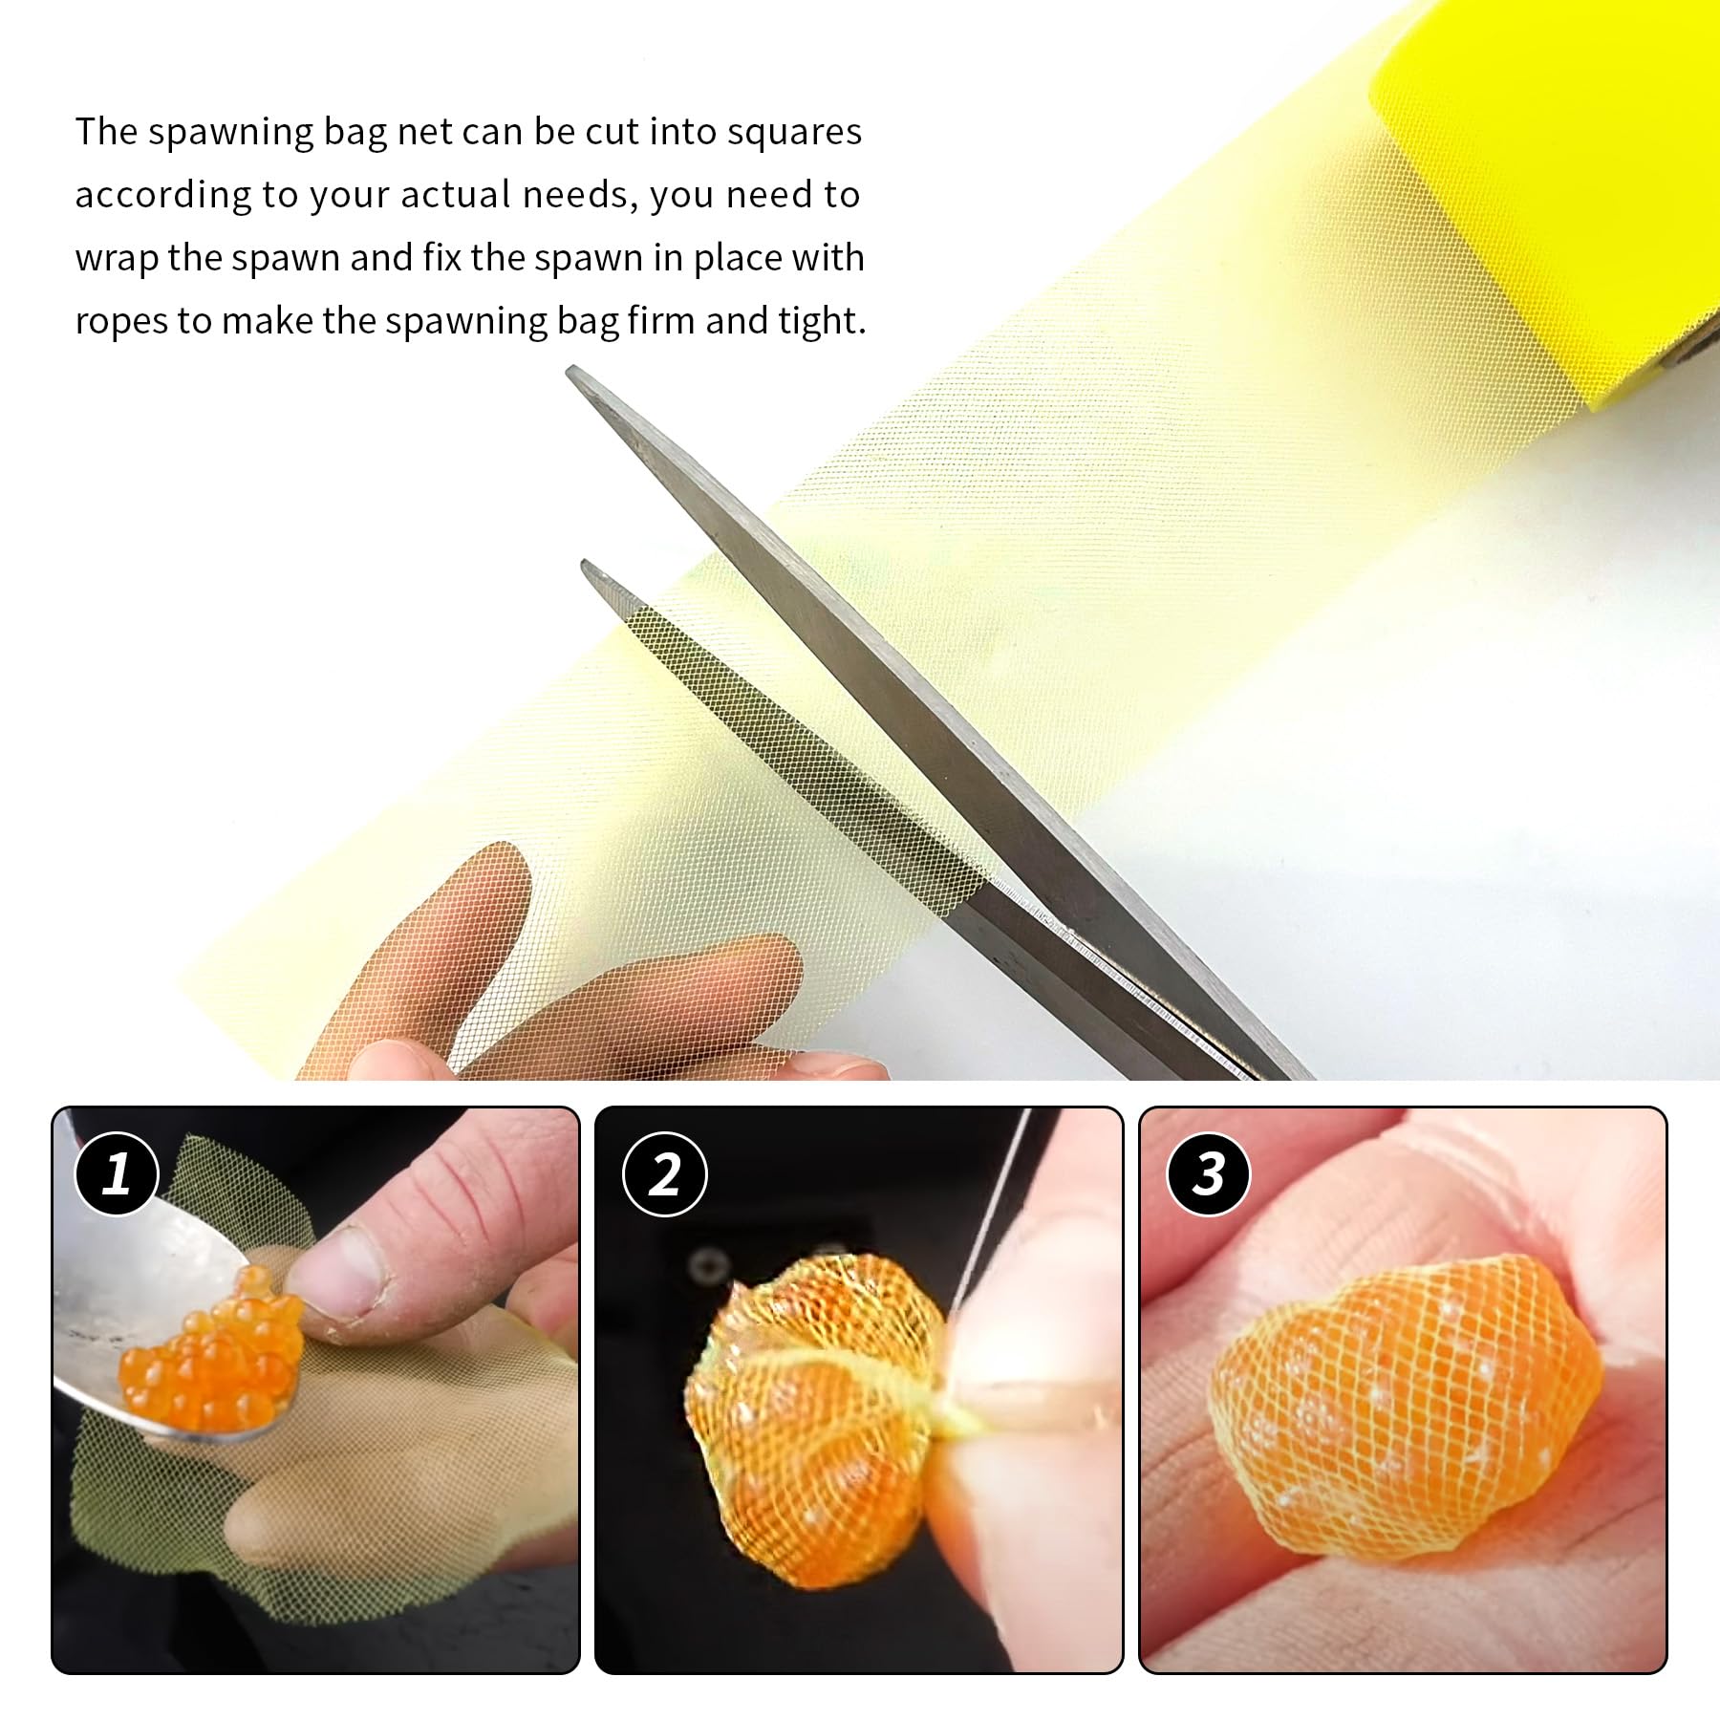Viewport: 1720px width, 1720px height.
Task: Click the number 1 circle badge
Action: click(117, 1173)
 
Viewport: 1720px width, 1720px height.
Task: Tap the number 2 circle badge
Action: click(664, 1174)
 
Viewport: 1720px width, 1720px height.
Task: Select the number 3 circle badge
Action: click(1209, 1174)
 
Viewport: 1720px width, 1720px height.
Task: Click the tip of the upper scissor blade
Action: click(570, 371)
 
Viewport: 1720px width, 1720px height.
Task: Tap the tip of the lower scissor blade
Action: click(585, 565)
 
